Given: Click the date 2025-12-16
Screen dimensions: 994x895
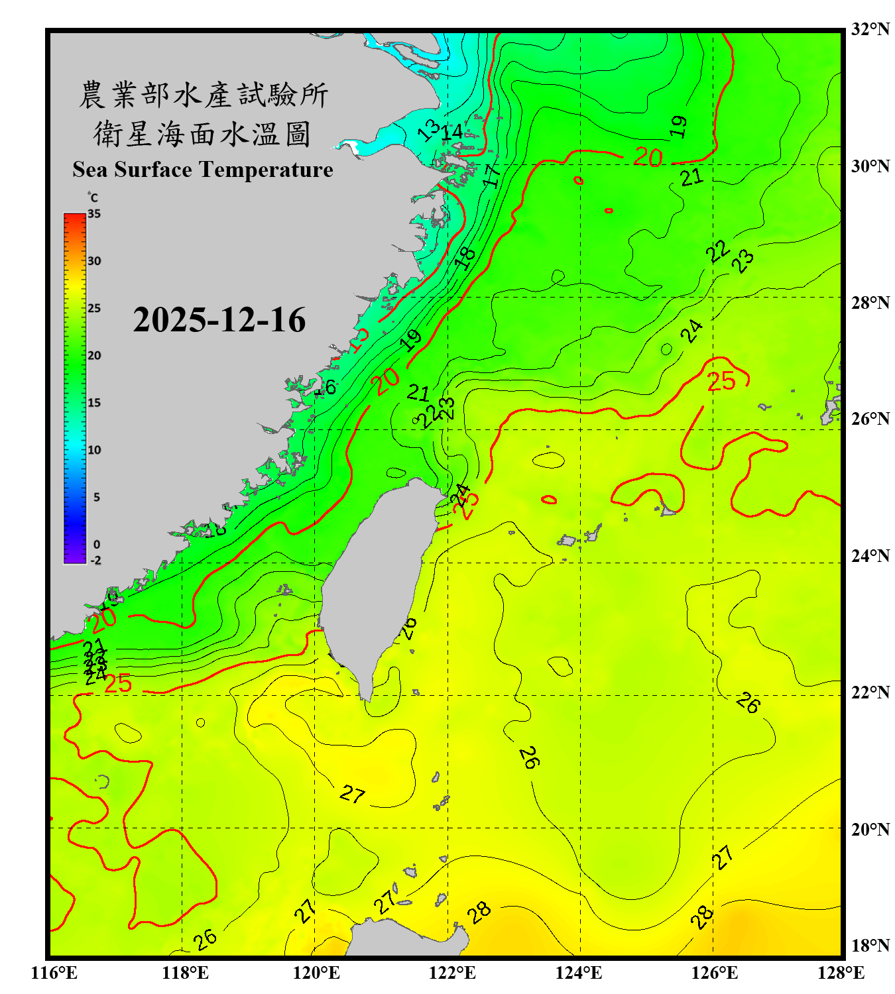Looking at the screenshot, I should click(x=219, y=320).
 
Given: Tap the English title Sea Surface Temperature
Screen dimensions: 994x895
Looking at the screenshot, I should click(x=202, y=170).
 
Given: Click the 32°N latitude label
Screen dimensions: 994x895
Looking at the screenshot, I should click(x=870, y=29).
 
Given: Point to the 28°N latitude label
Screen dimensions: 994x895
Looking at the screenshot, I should click(x=870, y=303).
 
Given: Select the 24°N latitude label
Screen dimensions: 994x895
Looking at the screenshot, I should click(x=870, y=556).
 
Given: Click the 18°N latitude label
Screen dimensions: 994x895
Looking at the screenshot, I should click(x=870, y=946).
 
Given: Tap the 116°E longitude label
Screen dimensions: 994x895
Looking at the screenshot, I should click(x=54, y=973).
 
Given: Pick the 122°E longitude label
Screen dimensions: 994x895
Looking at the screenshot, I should click(x=452, y=973).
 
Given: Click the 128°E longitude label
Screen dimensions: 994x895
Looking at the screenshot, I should click(x=841, y=973).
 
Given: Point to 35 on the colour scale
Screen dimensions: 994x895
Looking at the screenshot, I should click(x=94, y=214).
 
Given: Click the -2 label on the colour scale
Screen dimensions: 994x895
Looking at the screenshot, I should click(x=95, y=561).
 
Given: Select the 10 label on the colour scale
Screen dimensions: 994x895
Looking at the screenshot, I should click(x=94, y=450).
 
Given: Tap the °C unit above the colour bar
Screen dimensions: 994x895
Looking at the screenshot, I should click(x=93, y=197).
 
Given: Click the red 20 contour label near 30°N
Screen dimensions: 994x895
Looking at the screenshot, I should click(x=648, y=157).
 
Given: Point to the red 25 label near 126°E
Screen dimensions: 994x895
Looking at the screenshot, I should click(x=721, y=381).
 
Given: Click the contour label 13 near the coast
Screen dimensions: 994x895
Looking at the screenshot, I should click(x=428, y=130).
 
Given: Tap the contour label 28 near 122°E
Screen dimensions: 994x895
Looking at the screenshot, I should click(x=479, y=913).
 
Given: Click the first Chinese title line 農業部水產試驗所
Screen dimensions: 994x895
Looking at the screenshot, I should click(x=203, y=95).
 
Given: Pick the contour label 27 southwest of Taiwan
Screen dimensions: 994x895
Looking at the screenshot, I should click(x=352, y=793).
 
